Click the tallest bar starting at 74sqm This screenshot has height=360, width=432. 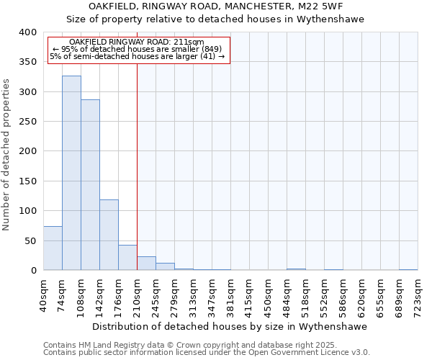point(71,173)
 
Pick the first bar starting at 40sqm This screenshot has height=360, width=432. point(53,248)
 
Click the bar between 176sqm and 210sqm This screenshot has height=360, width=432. point(127,258)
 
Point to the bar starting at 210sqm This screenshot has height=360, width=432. point(146,264)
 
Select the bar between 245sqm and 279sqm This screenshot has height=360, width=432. point(165,266)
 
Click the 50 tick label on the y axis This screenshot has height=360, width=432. point(30,240)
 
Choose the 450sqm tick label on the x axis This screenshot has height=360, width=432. point(269,294)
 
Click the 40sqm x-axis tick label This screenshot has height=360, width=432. point(44,294)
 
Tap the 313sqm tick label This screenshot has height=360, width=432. point(194,294)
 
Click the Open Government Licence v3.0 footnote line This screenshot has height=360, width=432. point(207,353)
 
